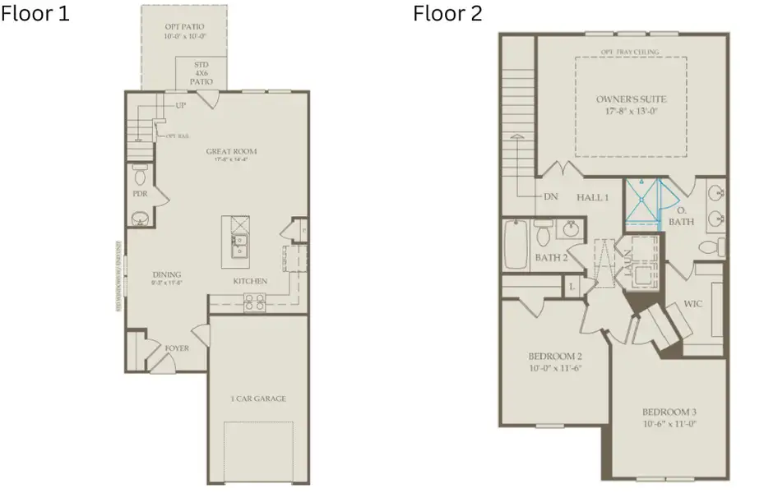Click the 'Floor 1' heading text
[x=35, y=14]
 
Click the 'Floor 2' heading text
[x=447, y=14]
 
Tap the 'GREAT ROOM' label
[x=231, y=151]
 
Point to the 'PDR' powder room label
[x=140, y=195]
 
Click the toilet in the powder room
[x=140, y=175]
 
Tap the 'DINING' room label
[x=166, y=274]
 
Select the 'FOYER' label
[x=176, y=348]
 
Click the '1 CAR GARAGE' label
[x=258, y=399]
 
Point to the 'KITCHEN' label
[x=249, y=281]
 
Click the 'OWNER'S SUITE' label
[x=631, y=99]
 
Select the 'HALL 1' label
[x=592, y=197]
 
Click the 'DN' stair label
[x=551, y=197]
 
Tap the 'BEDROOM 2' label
[x=554, y=357]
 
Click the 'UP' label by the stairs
[x=180, y=105]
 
